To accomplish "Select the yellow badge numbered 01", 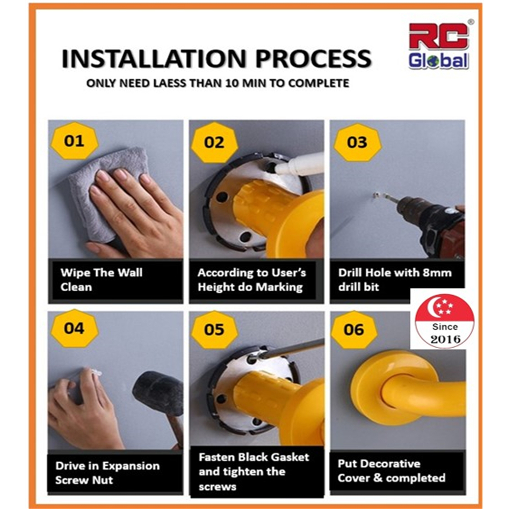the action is click(x=74, y=141).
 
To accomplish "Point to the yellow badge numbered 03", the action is click(x=357, y=142).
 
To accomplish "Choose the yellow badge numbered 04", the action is click(x=74, y=328).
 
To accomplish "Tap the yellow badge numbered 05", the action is click(x=214, y=329).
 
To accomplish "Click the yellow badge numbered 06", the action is click(x=354, y=329).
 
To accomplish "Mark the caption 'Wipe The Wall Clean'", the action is click(x=102, y=280).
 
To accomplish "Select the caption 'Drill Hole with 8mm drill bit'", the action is click(x=395, y=280).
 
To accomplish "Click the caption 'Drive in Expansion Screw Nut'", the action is click(x=107, y=473).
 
